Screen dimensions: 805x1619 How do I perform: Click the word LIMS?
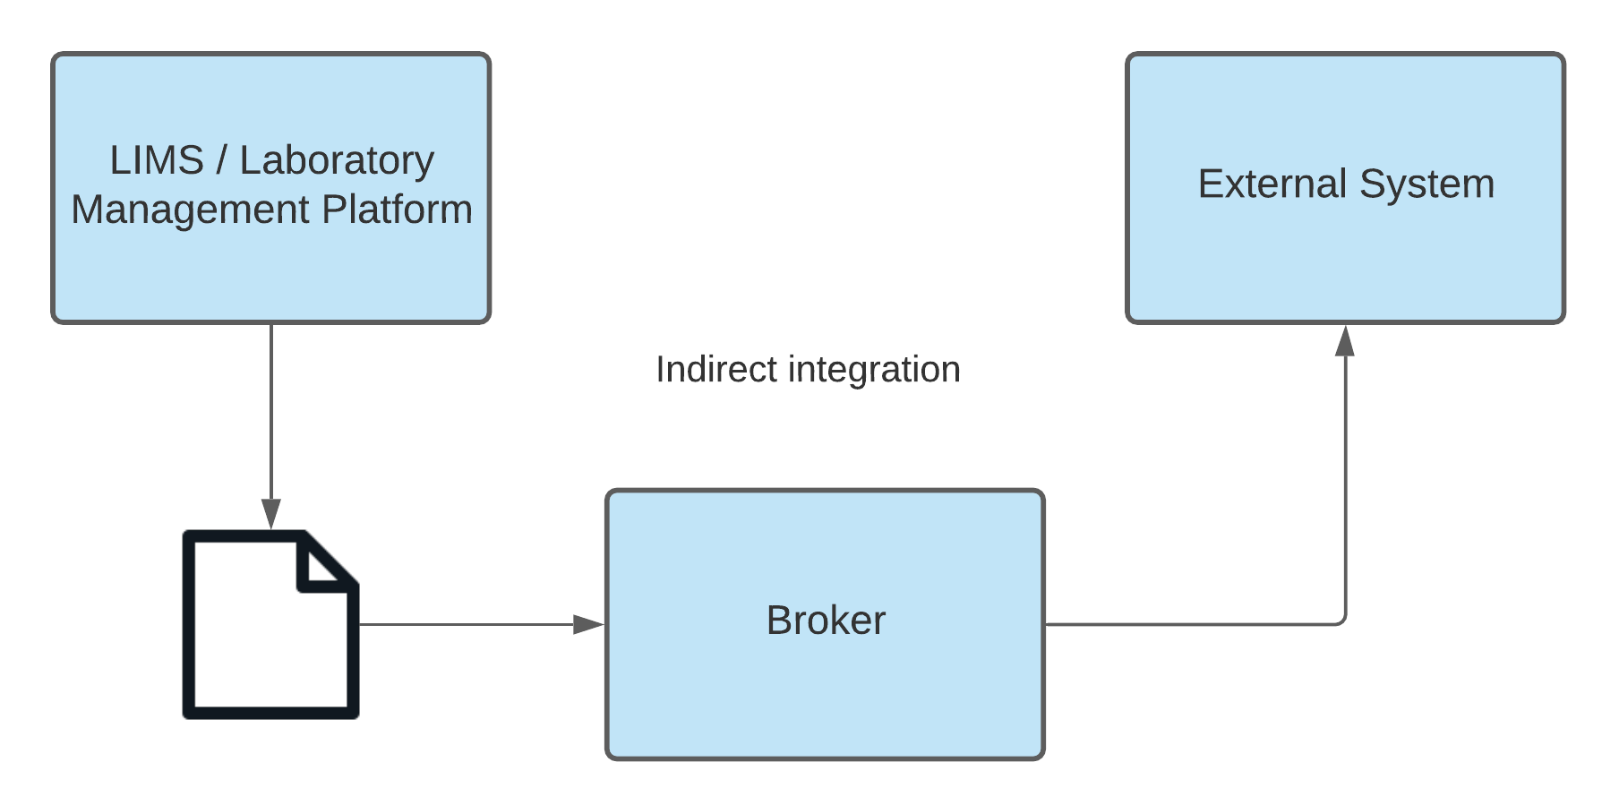157,161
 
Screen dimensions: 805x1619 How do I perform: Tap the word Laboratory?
337,161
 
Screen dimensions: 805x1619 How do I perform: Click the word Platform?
397,210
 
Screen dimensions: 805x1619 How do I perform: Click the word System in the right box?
1426,184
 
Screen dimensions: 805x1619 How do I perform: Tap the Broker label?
825,621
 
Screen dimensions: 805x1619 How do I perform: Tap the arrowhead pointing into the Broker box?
589,624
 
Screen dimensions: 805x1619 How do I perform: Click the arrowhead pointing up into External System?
1345,341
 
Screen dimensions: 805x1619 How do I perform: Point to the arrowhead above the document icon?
271,514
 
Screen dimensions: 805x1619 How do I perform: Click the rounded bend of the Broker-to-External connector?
1341,621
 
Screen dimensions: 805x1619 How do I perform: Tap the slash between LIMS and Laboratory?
221,161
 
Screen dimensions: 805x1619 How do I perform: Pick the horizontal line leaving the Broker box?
1191,624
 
